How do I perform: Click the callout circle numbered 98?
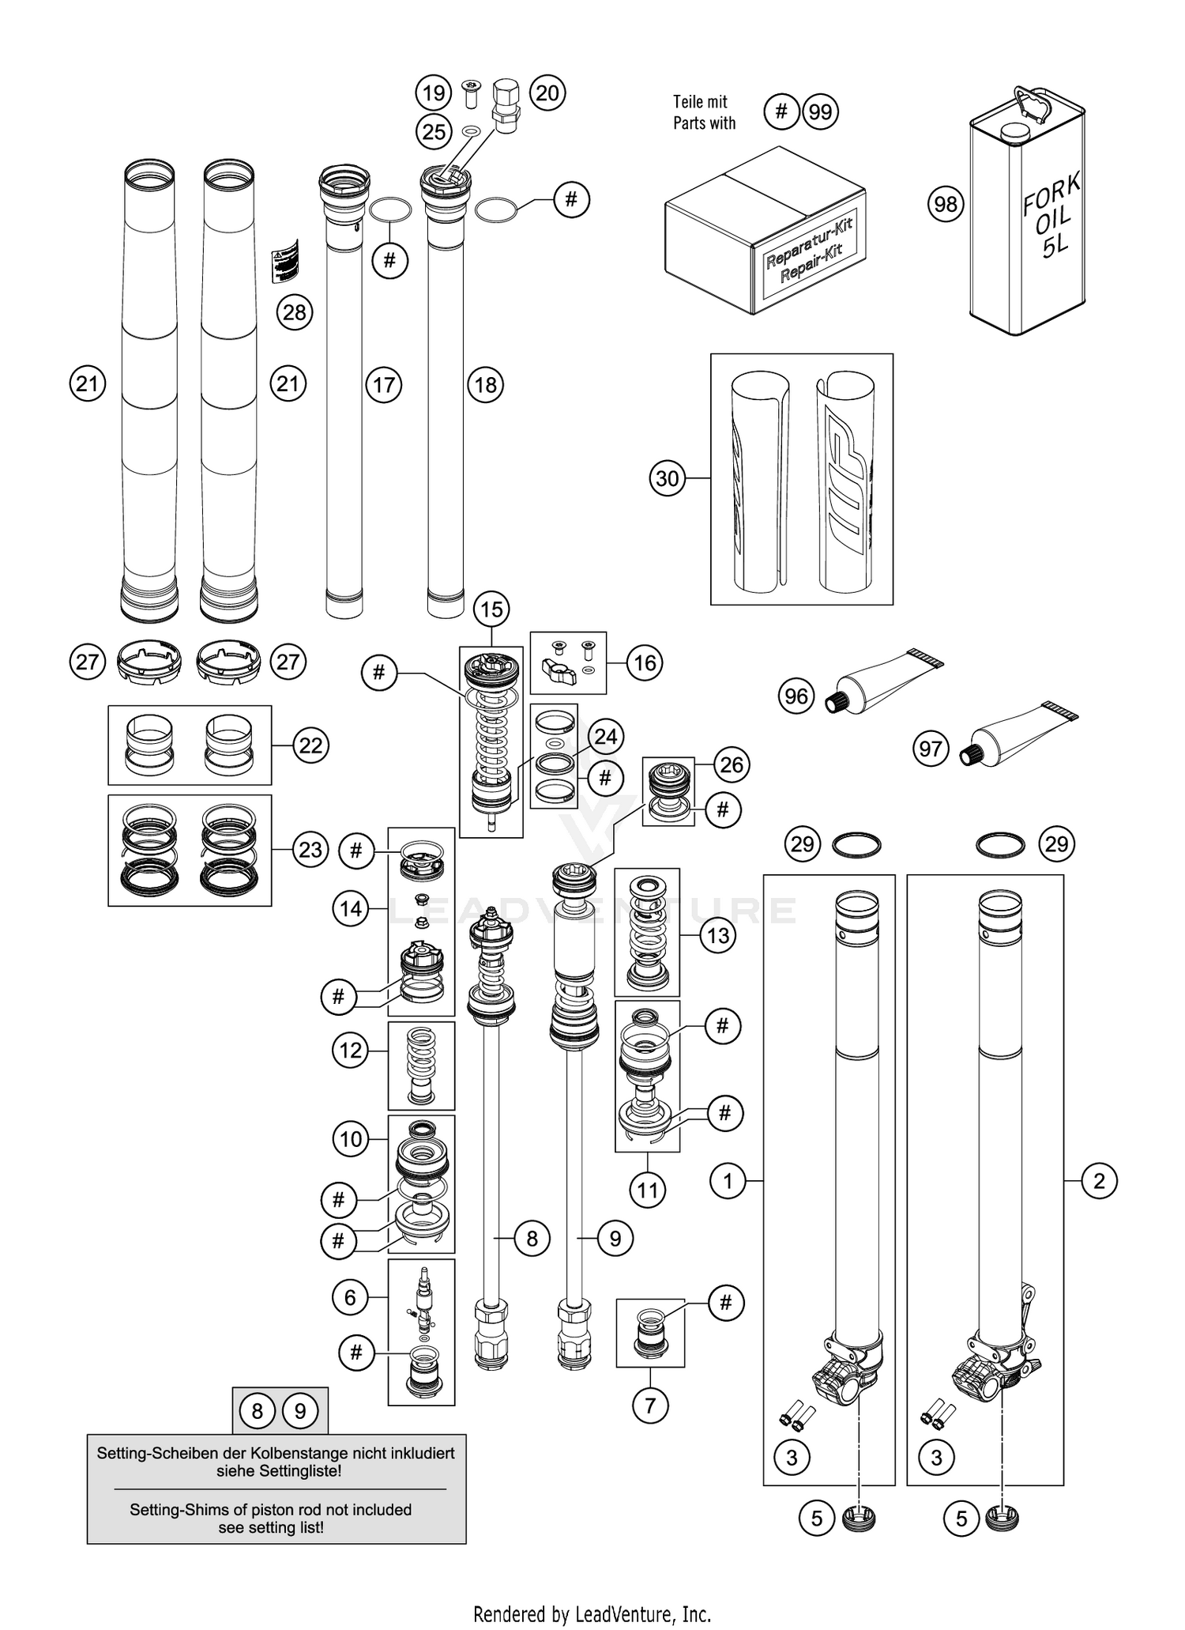click(x=946, y=205)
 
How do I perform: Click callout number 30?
click(x=668, y=478)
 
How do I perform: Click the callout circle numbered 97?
click(x=931, y=747)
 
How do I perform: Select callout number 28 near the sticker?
click(x=294, y=312)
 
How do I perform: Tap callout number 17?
click(x=384, y=385)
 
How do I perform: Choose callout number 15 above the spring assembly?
click(x=491, y=609)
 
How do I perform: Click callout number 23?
click(x=310, y=850)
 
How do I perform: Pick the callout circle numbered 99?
click(x=820, y=112)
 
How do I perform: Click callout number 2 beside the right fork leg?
click(x=1099, y=1182)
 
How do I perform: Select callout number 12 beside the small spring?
click(x=350, y=1051)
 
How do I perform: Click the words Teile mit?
click(x=700, y=102)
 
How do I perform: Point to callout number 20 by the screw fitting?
click(x=547, y=93)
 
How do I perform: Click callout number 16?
click(x=645, y=662)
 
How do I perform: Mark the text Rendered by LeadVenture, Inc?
click(x=592, y=1613)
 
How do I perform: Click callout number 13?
click(x=718, y=936)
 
